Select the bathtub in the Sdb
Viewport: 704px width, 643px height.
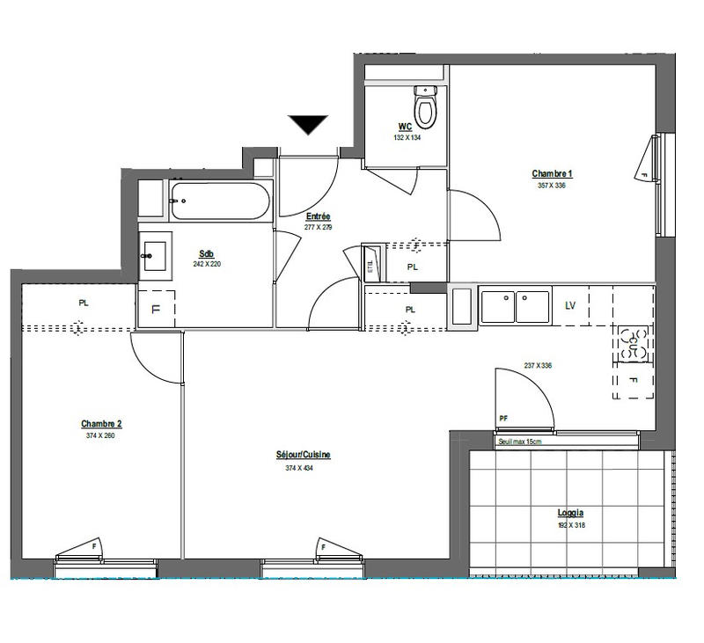click(x=219, y=202)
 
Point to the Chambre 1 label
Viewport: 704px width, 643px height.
click(x=552, y=173)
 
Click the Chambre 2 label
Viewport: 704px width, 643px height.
click(x=100, y=423)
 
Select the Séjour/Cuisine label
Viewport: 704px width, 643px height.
click(x=302, y=455)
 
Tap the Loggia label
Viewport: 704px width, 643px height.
click(x=570, y=513)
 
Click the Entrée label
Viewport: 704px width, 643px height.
click(x=318, y=216)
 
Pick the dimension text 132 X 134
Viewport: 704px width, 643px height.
click(x=407, y=137)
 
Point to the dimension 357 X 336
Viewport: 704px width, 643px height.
click(x=552, y=186)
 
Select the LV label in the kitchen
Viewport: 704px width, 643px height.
click(x=570, y=305)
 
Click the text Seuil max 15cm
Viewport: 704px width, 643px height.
click(x=519, y=442)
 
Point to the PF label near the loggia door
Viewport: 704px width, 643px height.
click(x=503, y=419)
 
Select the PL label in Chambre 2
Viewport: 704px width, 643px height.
click(x=84, y=303)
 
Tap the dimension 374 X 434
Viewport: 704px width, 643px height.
click(x=299, y=468)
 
